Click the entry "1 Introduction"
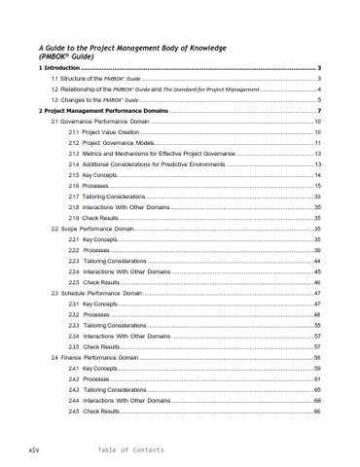point(59,68)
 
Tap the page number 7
point(319,111)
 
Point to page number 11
point(317,143)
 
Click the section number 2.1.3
point(74,154)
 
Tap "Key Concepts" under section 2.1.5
point(99,175)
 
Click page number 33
point(317,197)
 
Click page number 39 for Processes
point(317,250)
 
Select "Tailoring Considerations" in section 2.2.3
point(115,261)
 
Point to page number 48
point(317,314)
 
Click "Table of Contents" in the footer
point(131,450)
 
